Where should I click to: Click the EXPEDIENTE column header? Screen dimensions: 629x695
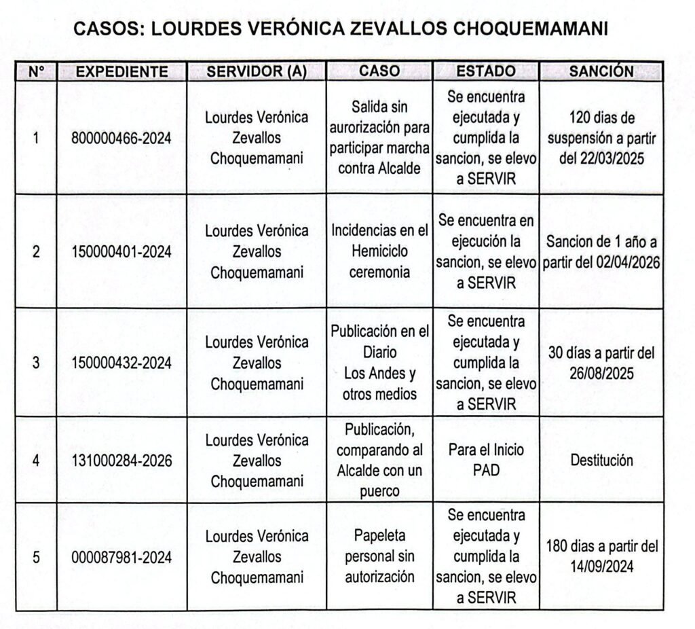click(122, 71)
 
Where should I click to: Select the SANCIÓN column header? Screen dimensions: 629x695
click(601, 71)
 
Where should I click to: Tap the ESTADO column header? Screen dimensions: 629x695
click(485, 71)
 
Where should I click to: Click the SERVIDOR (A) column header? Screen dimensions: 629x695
click(257, 71)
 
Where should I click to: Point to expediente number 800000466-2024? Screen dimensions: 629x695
click(121, 139)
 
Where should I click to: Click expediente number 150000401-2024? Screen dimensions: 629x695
click(121, 252)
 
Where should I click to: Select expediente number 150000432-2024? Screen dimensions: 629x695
click(121, 363)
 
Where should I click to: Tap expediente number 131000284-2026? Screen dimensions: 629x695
click(121, 461)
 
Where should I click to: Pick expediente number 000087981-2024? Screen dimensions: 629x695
click(121, 558)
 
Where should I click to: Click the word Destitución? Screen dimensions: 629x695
click(601, 461)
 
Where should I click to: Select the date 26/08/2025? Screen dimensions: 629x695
click(601, 374)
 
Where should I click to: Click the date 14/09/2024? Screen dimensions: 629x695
click(601, 566)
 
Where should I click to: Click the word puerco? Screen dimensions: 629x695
click(379, 490)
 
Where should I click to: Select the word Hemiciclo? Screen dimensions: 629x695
click(379, 251)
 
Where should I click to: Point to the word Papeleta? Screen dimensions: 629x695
click(379, 536)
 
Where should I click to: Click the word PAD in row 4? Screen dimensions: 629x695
click(485, 470)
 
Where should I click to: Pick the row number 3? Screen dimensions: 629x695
click(36, 363)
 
